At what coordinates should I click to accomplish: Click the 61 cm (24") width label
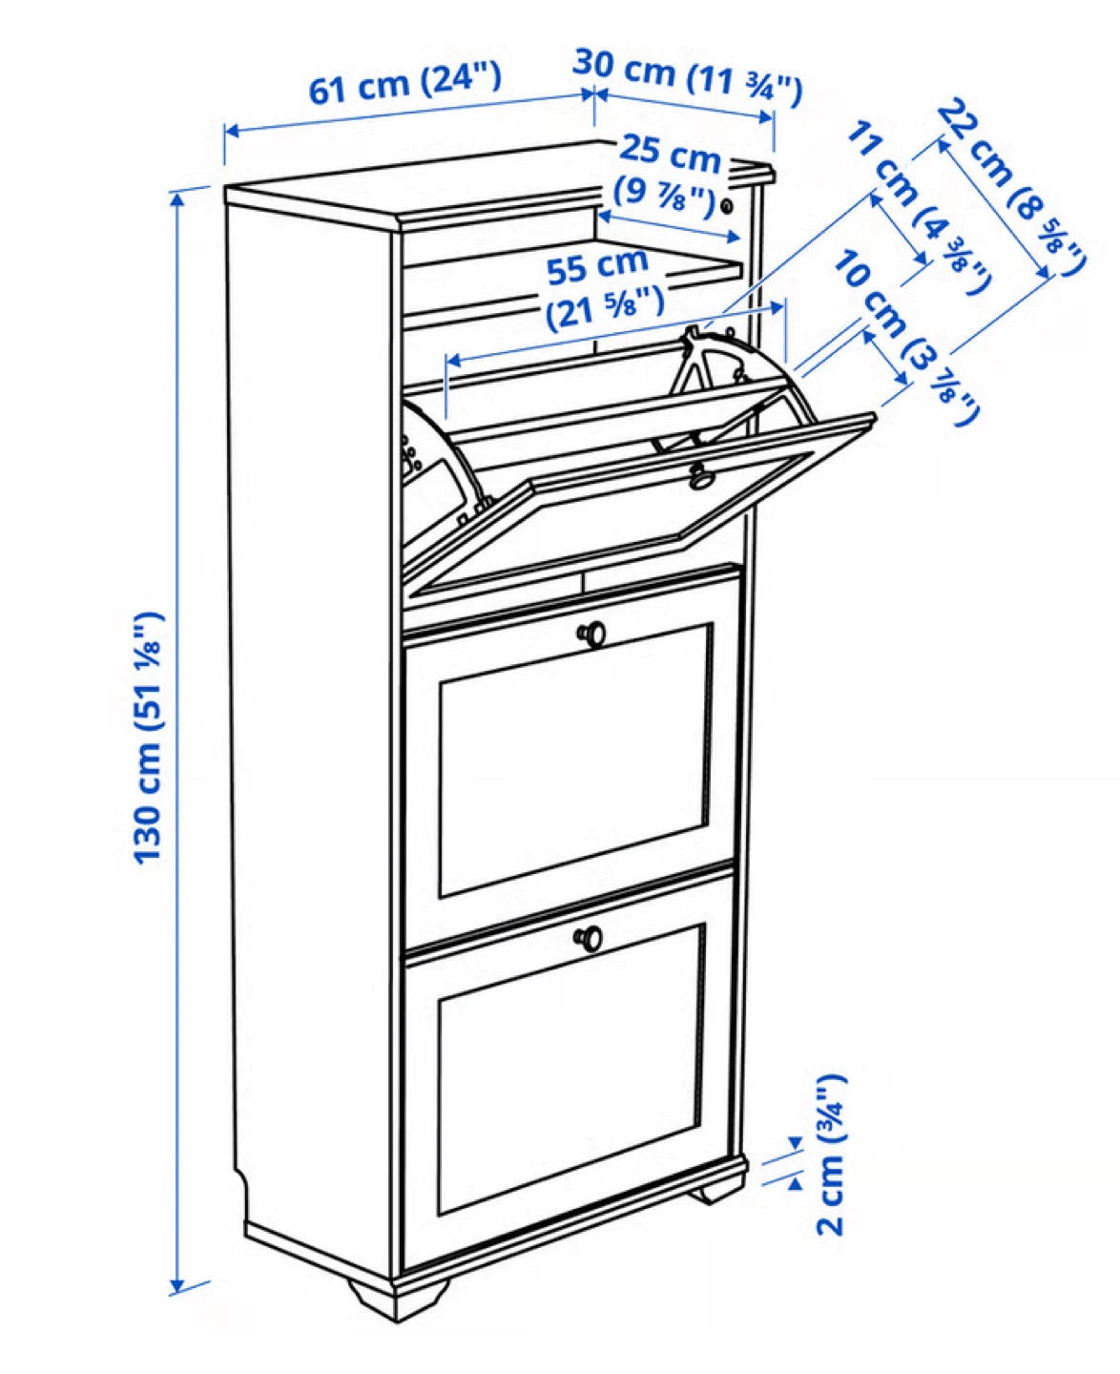click(x=404, y=83)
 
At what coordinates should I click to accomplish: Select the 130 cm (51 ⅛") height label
click(x=148, y=738)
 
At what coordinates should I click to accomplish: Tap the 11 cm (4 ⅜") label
click(x=919, y=207)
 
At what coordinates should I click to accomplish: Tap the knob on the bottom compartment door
click(x=589, y=938)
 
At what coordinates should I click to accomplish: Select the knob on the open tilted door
click(x=701, y=479)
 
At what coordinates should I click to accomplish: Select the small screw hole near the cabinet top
click(x=727, y=206)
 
